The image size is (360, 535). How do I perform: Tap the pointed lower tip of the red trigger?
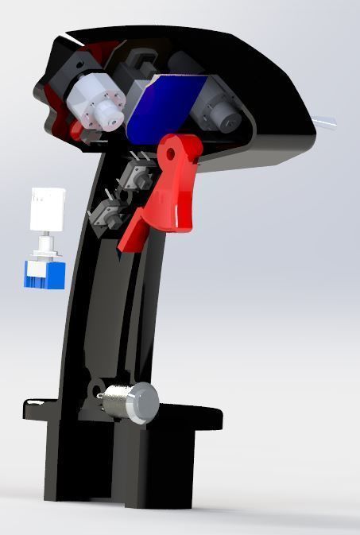click(x=124, y=246)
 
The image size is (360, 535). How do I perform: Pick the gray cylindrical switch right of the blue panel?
click(x=216, y=111)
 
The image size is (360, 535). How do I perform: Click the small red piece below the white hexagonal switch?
click(x=76, y=130)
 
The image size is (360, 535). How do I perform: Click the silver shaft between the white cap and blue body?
click(x=47, y=242)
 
